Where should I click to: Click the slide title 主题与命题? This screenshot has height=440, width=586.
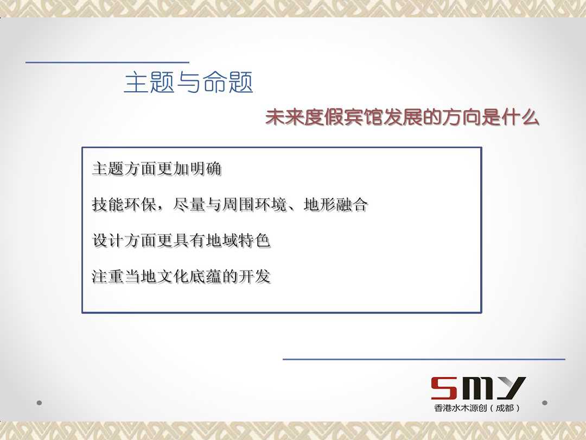point(189,82)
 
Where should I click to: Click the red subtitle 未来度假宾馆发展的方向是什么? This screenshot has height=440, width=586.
point(402,117)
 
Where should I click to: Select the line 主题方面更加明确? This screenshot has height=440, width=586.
point(157,169)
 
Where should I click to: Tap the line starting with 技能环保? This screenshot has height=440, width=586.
point(230,205)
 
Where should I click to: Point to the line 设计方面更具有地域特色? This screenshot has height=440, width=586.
point(181,241)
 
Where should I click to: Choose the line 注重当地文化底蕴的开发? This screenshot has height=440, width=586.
point(181,276)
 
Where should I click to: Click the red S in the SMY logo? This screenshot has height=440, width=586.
point(444,388)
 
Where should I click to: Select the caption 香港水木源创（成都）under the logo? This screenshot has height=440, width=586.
point(477,408)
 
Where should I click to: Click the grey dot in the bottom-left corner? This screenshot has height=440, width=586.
point(39,403)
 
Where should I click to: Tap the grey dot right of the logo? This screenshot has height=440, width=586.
point(545,403)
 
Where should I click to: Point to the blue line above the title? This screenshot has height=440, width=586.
point(107,62)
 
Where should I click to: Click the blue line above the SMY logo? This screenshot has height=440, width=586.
point(424,359)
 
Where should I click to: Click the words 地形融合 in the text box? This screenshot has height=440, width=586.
point(336,205)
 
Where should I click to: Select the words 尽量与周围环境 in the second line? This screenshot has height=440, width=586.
point(230,205)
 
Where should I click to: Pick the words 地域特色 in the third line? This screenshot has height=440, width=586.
point(238,241)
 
